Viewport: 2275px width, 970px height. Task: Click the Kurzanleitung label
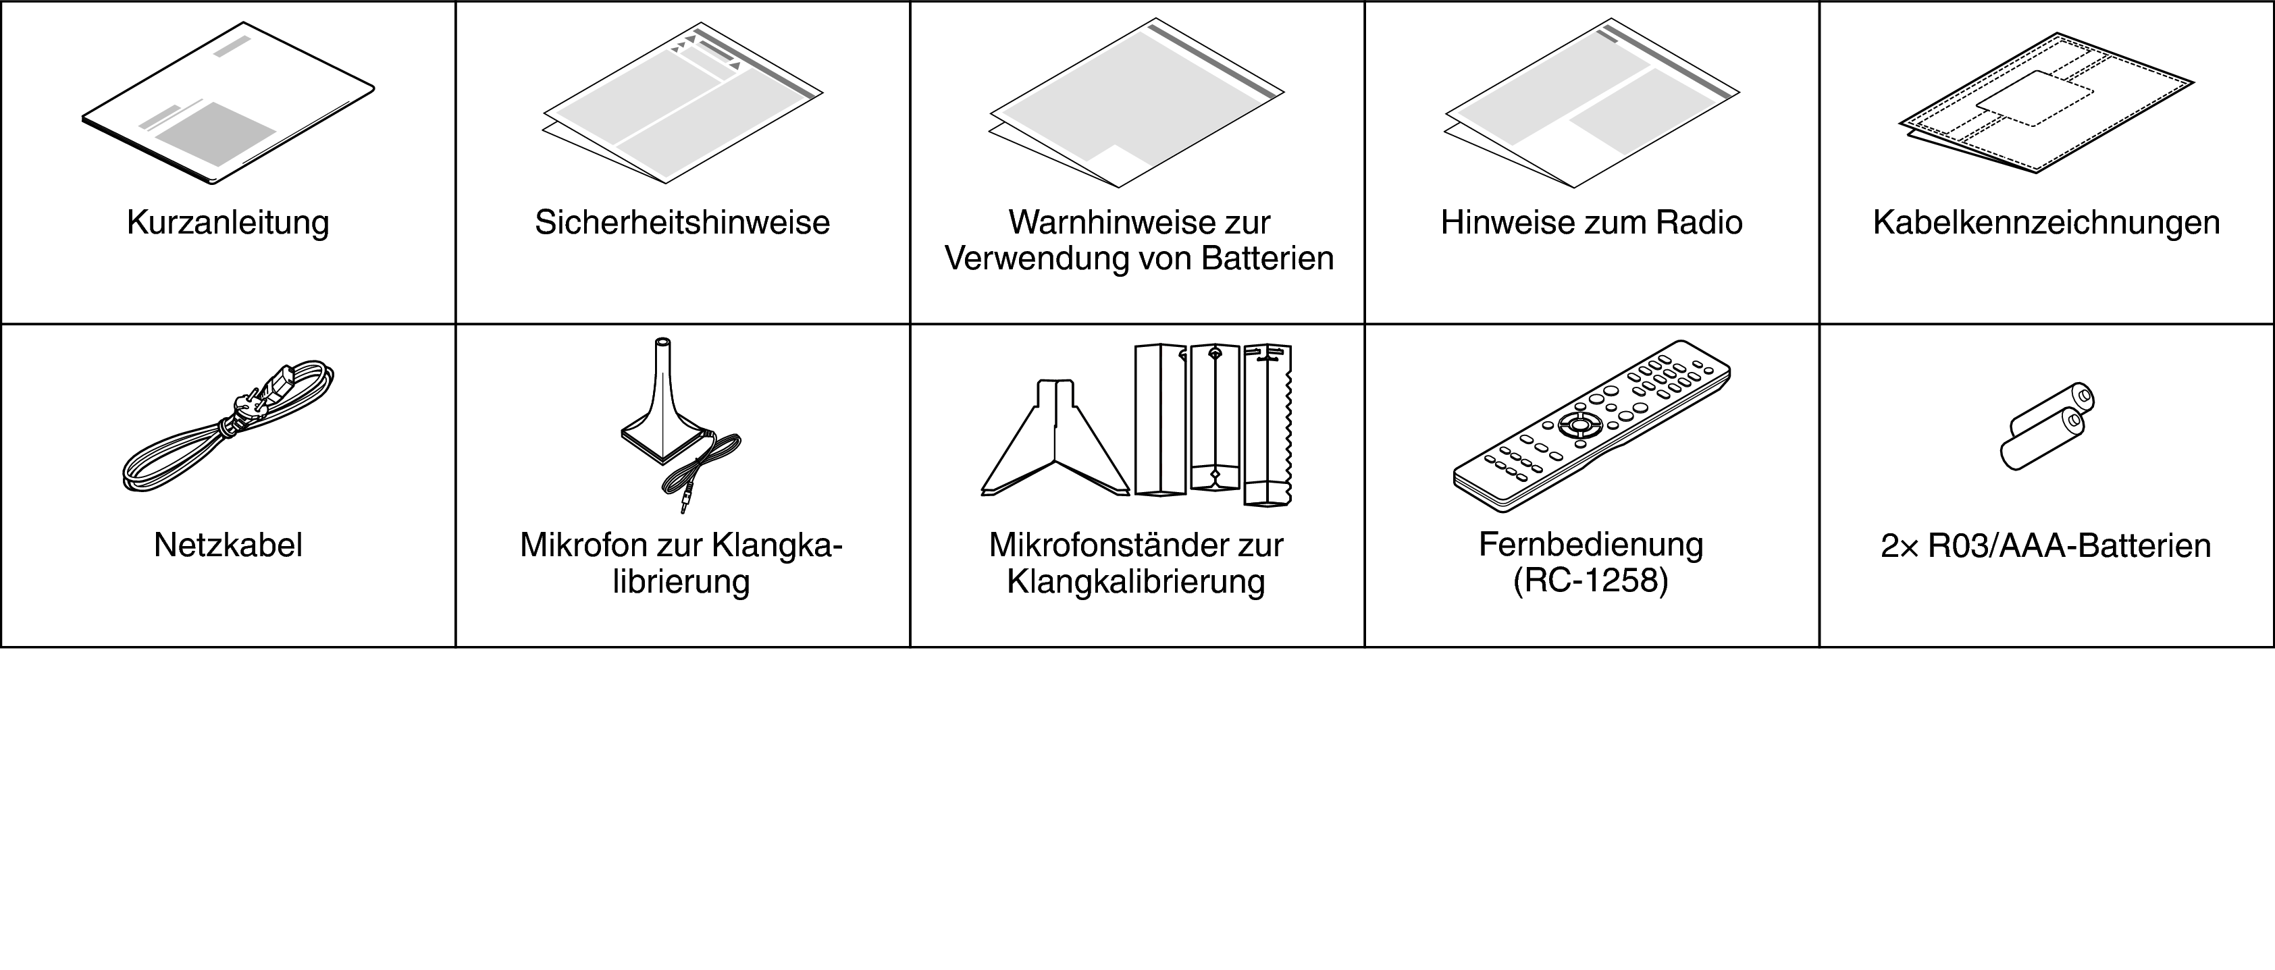pyautogui.click(x=228, y=223)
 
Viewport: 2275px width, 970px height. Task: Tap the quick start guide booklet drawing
pyautogui.click(x=228, y=103)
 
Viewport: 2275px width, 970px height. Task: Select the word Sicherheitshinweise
pyautogui.click(x=682, y=223)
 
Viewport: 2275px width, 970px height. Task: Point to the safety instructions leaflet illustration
pyautogui.click(x=683, y=103)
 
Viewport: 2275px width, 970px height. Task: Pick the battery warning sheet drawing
pyautogui.click(x=1136, y=103)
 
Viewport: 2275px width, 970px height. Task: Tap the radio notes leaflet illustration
pyautogui.click(x=1592, y=103)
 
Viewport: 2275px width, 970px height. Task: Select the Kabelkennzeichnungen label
pyautogui.click(x=2046, y=223)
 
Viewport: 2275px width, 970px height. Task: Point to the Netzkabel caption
pyautogui.click(x=228, y=545)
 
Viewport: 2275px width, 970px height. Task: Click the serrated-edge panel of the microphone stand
pyautogui.click(x=1268, y=425)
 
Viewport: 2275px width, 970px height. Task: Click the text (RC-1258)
pyautogui.click(x=1590, y=582)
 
